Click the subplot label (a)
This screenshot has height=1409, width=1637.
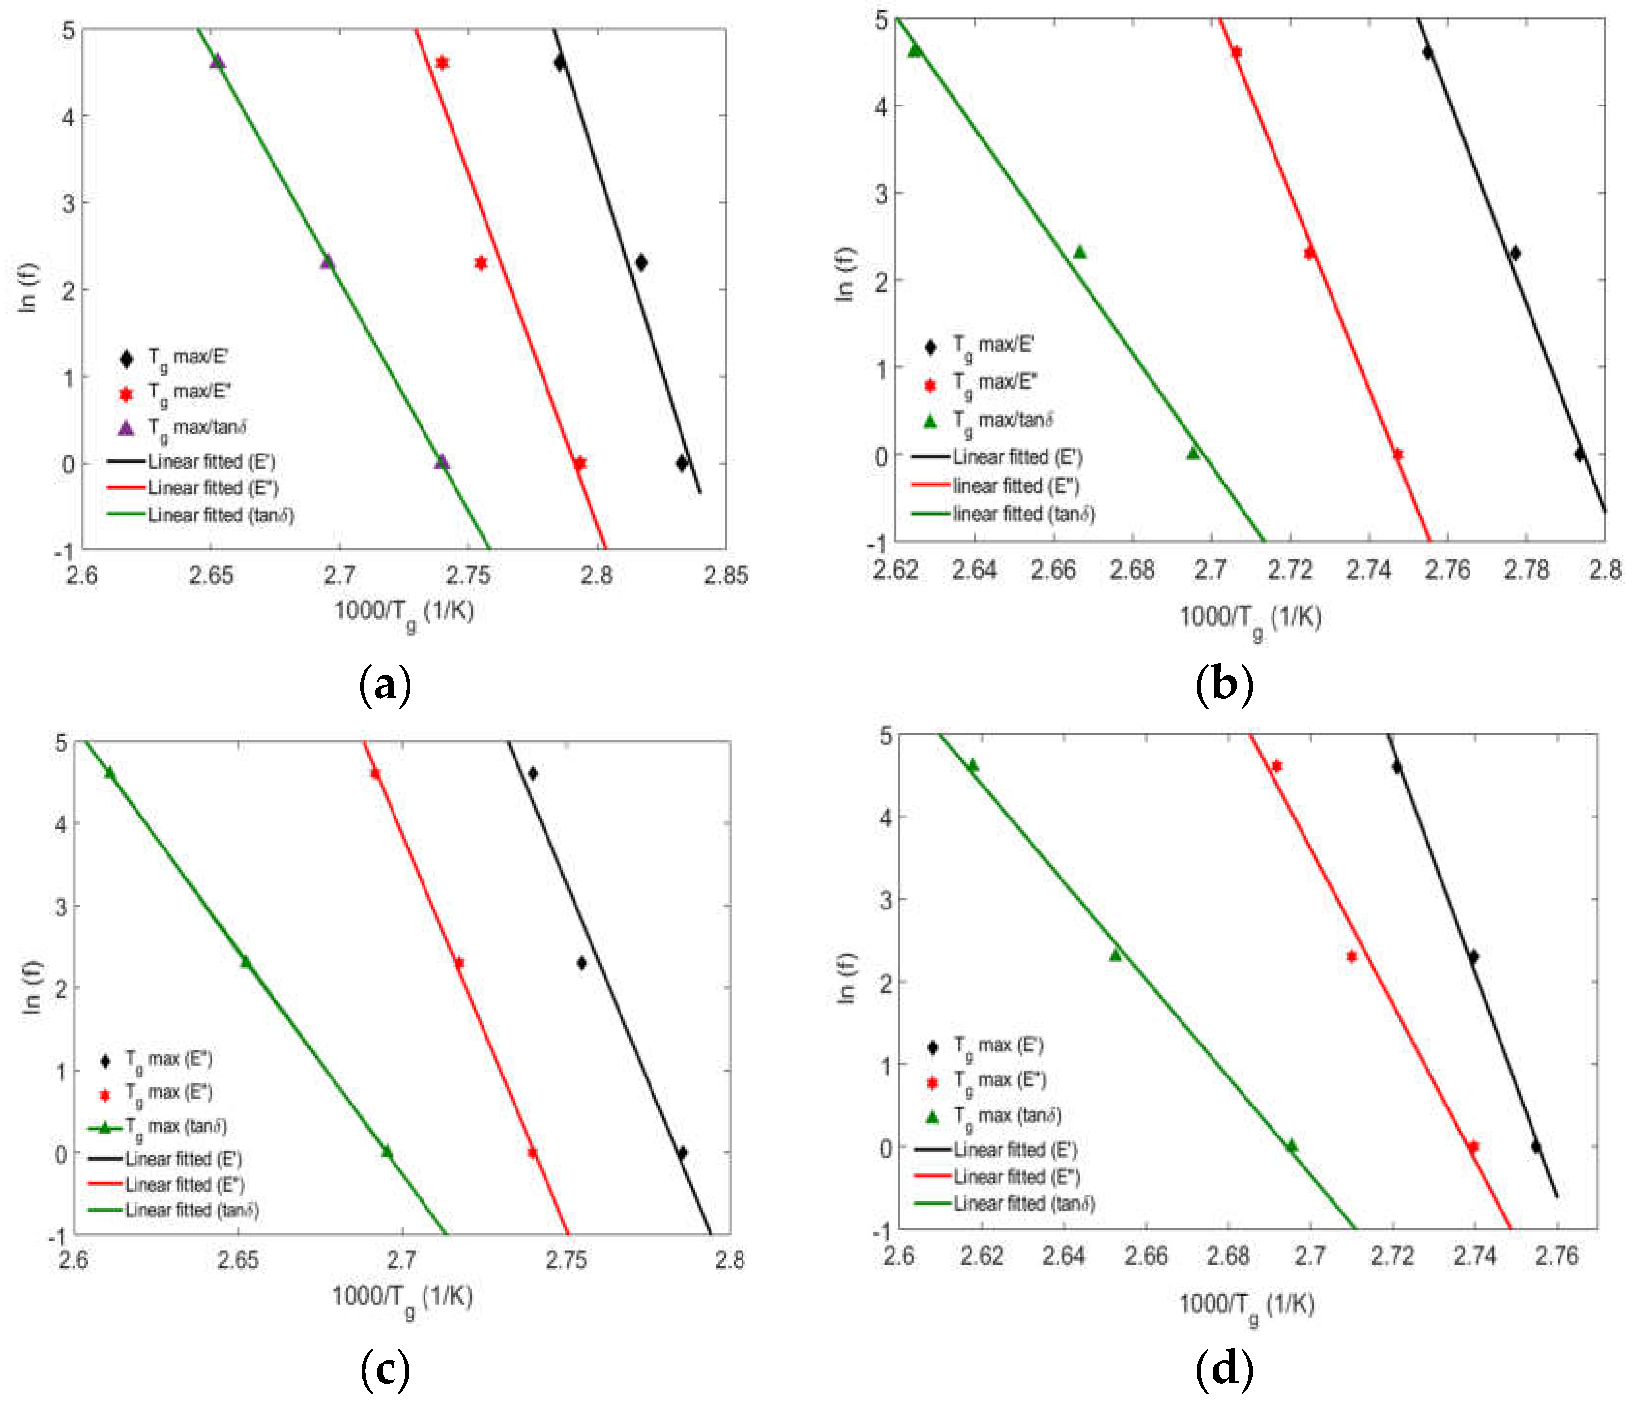click(x=385, y=684)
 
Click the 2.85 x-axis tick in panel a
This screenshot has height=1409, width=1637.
click(x=725, y=576)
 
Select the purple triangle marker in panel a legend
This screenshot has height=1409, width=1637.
click(x=126, y=427)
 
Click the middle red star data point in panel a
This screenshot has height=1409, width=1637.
click(x=480, y=262)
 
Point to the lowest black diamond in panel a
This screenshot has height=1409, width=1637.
click(x=682, y=463)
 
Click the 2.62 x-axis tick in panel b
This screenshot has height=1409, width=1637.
click(x=896, y=570)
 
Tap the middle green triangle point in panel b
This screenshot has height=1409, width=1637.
click(x=1079, y=252)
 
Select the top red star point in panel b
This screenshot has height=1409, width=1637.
click(x=1236, y=52)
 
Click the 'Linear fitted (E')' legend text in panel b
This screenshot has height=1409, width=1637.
click(x=1017, y=457)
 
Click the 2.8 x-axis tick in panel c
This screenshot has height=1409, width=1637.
click(x=729, y=1259)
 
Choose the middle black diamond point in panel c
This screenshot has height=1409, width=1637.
click(x=581, y=963)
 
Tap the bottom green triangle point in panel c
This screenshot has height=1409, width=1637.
click(x=386, y=1151)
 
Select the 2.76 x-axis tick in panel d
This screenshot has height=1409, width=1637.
click(x=1557, y=1255)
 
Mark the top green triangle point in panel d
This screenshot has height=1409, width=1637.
click(x=972, y=765)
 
